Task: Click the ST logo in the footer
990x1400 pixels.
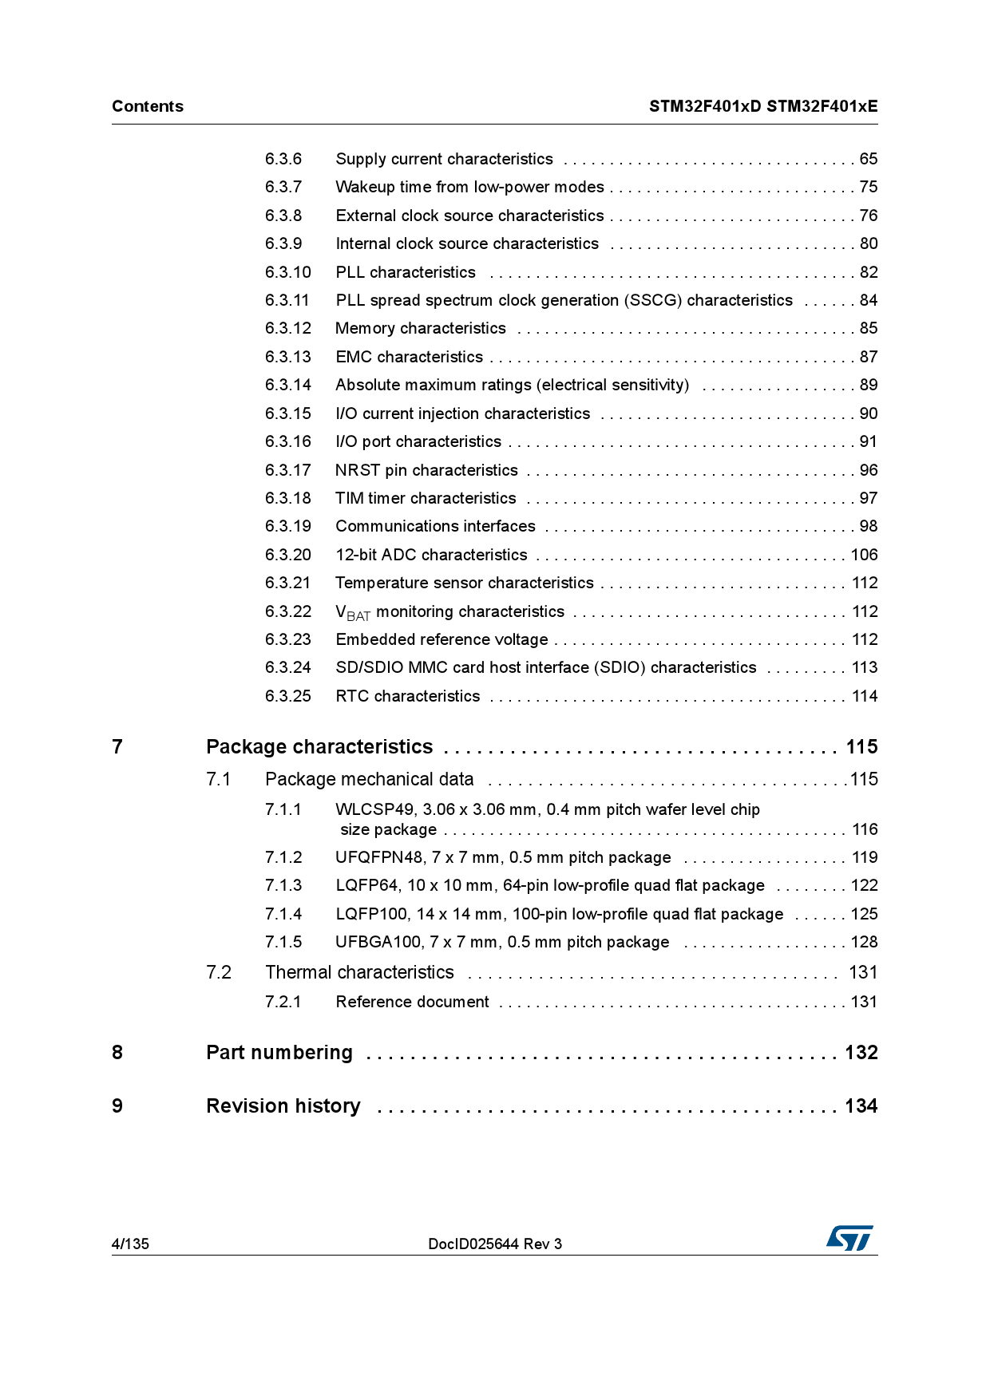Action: (849, 1238)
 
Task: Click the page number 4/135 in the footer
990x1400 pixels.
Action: (130, 1244)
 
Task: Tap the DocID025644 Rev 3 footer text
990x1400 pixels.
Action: (494, 1244)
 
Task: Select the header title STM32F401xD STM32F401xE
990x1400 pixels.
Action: (762, 106)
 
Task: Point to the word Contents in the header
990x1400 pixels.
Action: (148, 106)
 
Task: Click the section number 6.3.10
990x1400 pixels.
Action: (287, 272)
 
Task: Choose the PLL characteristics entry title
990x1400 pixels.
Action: (406, 272)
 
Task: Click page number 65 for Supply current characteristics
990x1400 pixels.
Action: (868, 159)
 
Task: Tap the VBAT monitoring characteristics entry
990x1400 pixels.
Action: (449, 612)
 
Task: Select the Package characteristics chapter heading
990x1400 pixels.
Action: (319, 747)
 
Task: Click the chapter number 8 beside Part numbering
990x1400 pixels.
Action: (117, 1053)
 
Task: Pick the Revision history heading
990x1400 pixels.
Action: (283, 1106)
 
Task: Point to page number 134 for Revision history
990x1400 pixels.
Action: (861, 1106)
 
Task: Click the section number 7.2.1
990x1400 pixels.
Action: (283, 1002)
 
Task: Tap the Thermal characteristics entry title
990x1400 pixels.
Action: (359, 972)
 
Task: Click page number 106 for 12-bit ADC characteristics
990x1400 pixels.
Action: (864, 555)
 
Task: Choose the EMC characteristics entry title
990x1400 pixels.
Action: (409, 357)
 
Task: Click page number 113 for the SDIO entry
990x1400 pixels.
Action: (864, 667)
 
